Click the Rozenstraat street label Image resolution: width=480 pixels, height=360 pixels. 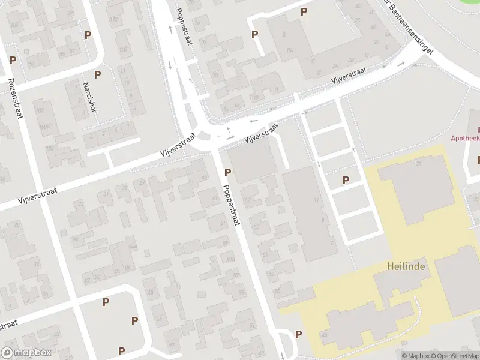click(x=15, y=98)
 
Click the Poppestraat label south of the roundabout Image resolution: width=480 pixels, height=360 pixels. click(x=230, y=205)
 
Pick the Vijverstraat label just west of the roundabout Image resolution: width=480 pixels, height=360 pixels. click(x=178, y=145)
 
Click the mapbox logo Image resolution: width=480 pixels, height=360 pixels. click(x=26, y=352)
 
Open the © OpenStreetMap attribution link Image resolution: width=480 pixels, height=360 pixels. click(x=454, y=356)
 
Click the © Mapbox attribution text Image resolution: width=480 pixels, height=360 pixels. click(x=415, y=356)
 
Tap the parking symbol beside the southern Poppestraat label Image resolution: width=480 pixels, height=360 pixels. click(x=228, y=173)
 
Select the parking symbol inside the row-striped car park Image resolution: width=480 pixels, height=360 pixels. click(x=346, y=180)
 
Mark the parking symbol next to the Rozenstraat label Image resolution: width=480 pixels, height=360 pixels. click(x=13, y=61)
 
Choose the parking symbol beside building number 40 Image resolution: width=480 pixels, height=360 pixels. click(x=299, y=334)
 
